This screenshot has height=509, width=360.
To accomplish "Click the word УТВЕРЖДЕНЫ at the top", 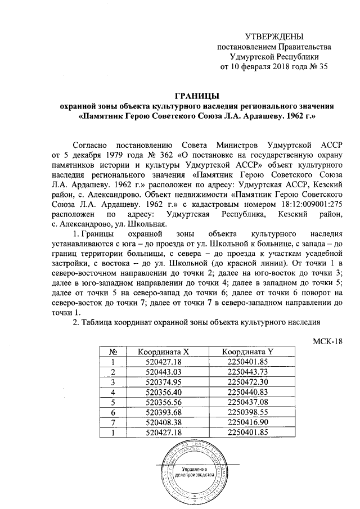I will coord(273,37).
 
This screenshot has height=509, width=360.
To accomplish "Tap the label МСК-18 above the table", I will coord(327,340).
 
